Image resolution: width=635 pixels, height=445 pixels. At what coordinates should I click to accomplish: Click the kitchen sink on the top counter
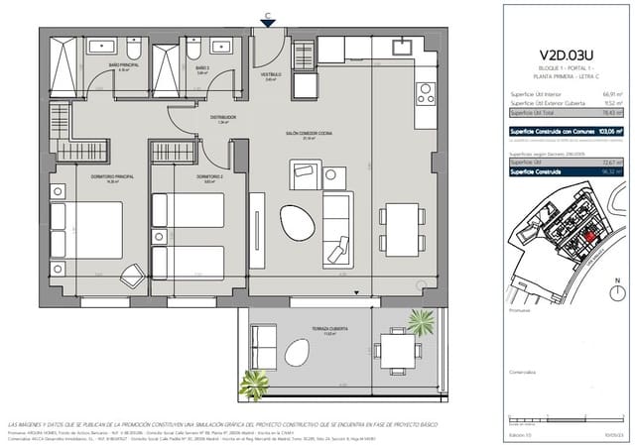[402, 46]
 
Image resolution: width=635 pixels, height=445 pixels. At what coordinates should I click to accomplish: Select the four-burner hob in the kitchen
[423, 96]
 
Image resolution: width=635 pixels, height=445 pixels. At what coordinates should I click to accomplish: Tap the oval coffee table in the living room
[295, 220]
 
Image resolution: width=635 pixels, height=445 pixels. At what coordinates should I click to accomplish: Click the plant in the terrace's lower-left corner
[250, 382]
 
